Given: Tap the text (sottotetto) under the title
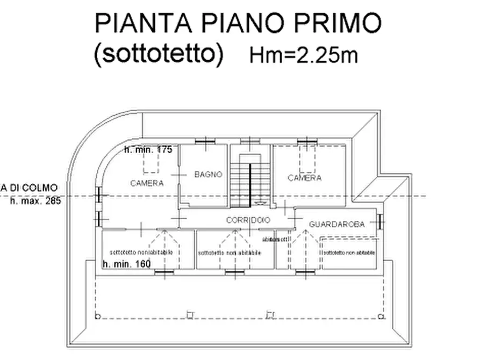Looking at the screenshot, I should [158, 54].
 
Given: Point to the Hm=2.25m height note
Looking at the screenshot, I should [304, 55].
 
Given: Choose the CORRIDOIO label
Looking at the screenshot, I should [248, 220].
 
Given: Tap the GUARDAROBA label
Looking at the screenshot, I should [337, 224].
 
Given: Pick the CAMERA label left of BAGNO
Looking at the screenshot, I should [147, 183].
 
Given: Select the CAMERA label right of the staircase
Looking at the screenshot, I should [304, 178].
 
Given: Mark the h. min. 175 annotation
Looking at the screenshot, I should [148, 150].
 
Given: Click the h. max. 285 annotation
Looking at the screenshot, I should [36, 201].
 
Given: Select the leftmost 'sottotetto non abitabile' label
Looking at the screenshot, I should [144, 252].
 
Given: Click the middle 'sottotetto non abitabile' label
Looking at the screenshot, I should [230, 253].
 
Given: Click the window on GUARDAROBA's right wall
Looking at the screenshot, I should [381, 221].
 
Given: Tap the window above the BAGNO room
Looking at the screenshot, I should [204, 142].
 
